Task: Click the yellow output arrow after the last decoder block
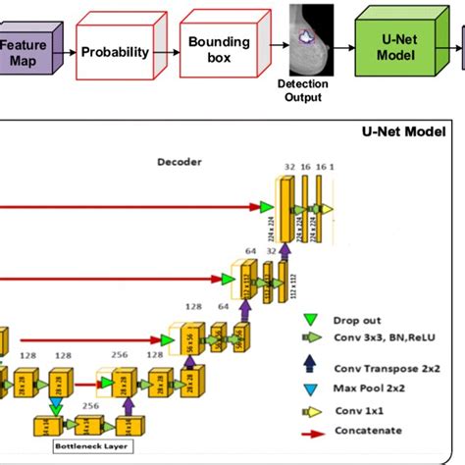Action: click(x=329, y=209)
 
